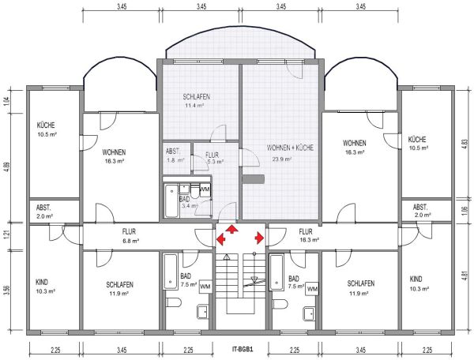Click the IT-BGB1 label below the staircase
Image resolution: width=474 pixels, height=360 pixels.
pyautogui.click(x=243, y=350)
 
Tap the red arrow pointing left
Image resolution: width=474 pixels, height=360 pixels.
pyautogui.click(x=221, y=239)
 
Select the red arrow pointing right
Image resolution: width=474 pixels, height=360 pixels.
pyautogui.click(x=259, y=238)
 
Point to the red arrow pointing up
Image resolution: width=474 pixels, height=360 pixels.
pyautogui.click(x=231, y=229)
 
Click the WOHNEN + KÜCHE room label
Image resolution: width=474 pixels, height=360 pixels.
pyautogui.click(x=290, y=148)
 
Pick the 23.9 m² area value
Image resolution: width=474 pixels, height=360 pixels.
pyautogui.click(x=282, y=159)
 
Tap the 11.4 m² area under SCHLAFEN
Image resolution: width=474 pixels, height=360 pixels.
pyautogui.click(x=194, y=106)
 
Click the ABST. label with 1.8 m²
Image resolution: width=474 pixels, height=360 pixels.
pyautogui.click(x=173, y=152)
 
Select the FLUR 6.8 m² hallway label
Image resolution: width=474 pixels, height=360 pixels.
pyautogui.click(x=130, y=236)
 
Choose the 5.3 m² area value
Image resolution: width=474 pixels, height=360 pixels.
pyautogui.click(x=216, y=162)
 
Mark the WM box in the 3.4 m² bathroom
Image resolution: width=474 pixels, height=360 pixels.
pyautogui.click(x=205, y=189)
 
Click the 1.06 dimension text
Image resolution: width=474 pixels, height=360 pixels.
pyautogui.click(x=465, y=209)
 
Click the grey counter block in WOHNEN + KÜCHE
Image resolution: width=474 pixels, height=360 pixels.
pyautogui.click(x=254, y=179)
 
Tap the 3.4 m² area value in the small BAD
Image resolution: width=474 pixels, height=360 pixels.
pyautogui.click(x=190, y=206)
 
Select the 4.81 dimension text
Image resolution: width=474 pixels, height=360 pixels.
pyautogui.click(x=465, y=276)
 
